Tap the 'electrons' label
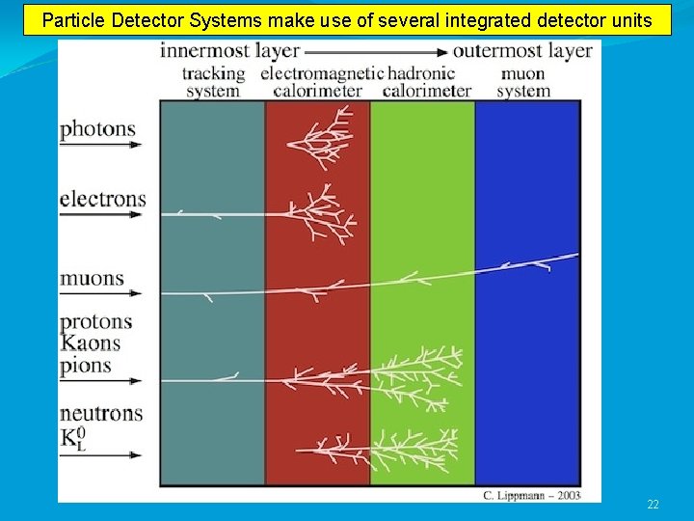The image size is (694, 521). pyautogui.click(x=102, y=200)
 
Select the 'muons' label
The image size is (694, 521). pyautogui.click(x=93, y=279)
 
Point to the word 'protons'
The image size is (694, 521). pyautogui.click(x=95, y=322)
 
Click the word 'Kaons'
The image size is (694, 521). pyautogui.click(x=91, y=343)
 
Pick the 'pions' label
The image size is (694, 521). pyautogui.click(x=86, y=366)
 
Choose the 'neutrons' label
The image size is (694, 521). pyautogui.click(x=101, y=414)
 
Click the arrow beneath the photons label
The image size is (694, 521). pyautogui.click(x=100, y=146)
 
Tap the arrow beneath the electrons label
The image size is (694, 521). pyautogui.click(x=100, y=215)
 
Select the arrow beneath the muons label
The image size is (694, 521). pyautogui.click(x=100, y=293)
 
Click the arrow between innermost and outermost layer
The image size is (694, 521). pyautogui.click(x=375, y=52)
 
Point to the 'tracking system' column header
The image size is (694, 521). pyautogui.click(x=213, y=82)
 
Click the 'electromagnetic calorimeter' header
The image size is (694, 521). pyautogui.click(x=317, y=82)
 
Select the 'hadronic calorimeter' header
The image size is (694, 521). pyautogui.click(x=427, y=82)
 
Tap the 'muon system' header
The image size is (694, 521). pyautogui.click(x=523, y=82)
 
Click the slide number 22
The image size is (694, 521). pyautogui.click(x=653, y=505)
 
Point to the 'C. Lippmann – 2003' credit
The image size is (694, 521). pyautogui.click(x=531, y=496)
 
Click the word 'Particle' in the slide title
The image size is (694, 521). pyautogui.click(x=72, y=19)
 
